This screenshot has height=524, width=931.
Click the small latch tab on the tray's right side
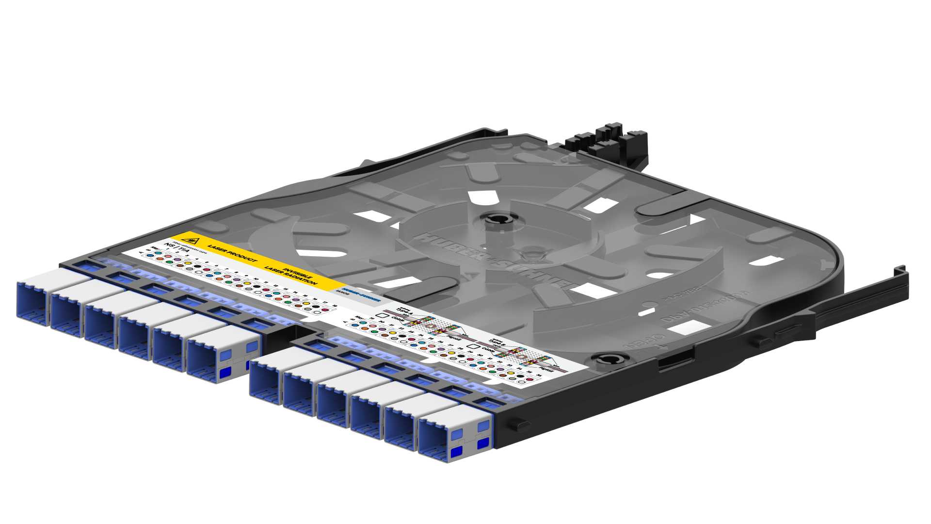tap(519, 425)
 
